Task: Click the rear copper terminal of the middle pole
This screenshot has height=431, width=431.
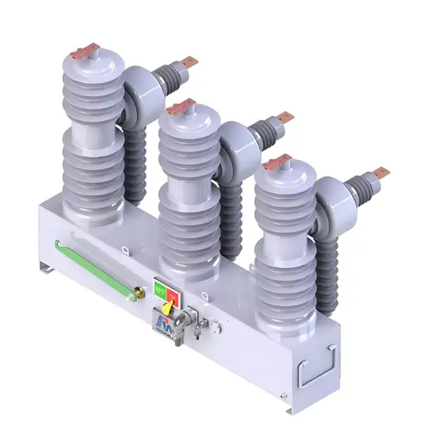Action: click(x=284, y=118)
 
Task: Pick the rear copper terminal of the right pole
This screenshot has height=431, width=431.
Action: click(x=379, y=172)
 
